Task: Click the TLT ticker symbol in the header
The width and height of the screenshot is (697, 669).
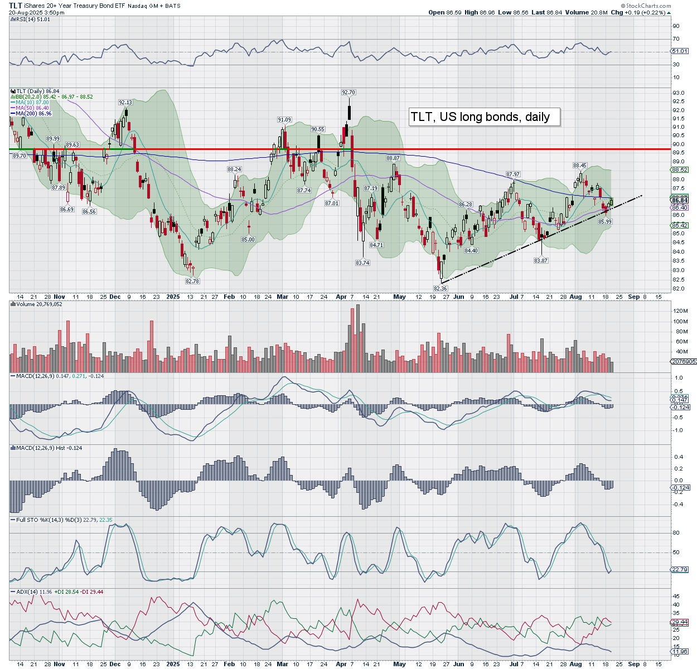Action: [x=15, y=5]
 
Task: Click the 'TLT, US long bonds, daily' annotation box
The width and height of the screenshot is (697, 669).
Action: [x=484, y=117]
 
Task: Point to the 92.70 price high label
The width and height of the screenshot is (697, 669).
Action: [x=348, y=93]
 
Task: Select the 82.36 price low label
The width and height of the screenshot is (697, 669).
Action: [x=441, y=288]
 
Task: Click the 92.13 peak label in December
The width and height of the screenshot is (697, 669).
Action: [x=125, y=103]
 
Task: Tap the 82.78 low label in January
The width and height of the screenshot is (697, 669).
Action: [x=191, y=282]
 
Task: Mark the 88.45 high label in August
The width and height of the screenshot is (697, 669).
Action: [x=580, y=166]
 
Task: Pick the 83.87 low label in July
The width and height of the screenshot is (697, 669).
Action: [x=540, y=261]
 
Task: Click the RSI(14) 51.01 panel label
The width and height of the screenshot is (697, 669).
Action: [x=33, y=20]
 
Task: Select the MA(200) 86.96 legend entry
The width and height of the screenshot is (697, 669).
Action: [x=33, y=114]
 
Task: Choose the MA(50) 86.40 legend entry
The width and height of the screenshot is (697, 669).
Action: [x=32, y=108]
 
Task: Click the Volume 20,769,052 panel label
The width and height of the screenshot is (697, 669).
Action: [x=39, y=304]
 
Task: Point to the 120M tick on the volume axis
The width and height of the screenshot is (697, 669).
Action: [x=680, y=311]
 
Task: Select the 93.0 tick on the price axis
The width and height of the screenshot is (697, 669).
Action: [x=679, y=93]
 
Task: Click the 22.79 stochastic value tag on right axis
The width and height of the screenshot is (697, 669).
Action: [x=680, y=570]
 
